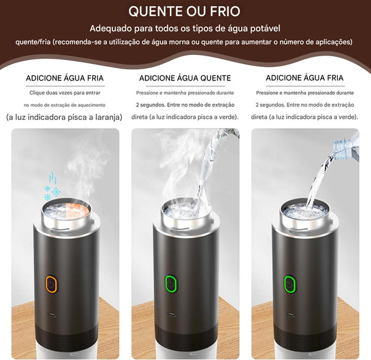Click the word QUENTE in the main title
153,12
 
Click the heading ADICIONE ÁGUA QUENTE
185,79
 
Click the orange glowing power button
51,284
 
